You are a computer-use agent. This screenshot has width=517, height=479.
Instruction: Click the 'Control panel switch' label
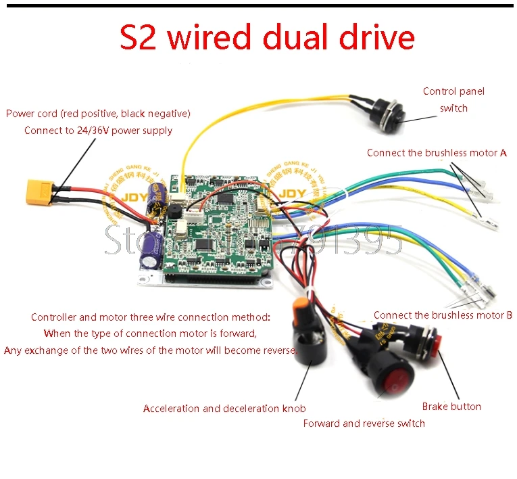(x=453, y=99)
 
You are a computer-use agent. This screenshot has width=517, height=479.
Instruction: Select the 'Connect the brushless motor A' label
(x=437, y=153)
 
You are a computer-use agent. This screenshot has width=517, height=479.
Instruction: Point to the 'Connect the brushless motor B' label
(x=443, y=315)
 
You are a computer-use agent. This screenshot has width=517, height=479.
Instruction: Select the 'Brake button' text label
(x=451, y=407)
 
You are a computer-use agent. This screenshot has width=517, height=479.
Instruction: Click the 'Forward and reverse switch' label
(x=364, y=424)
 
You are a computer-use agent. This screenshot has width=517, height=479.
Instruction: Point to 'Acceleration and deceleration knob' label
(x=224, y=409)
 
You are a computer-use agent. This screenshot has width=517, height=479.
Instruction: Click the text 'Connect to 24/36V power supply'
(x=98, y=131)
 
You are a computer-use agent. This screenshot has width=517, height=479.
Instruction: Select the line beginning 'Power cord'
(x=98, y=114)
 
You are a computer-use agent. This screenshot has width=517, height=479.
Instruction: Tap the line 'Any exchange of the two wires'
(x=150, y=350)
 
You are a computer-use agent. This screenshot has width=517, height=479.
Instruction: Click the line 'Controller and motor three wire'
(x=150, y=317)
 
